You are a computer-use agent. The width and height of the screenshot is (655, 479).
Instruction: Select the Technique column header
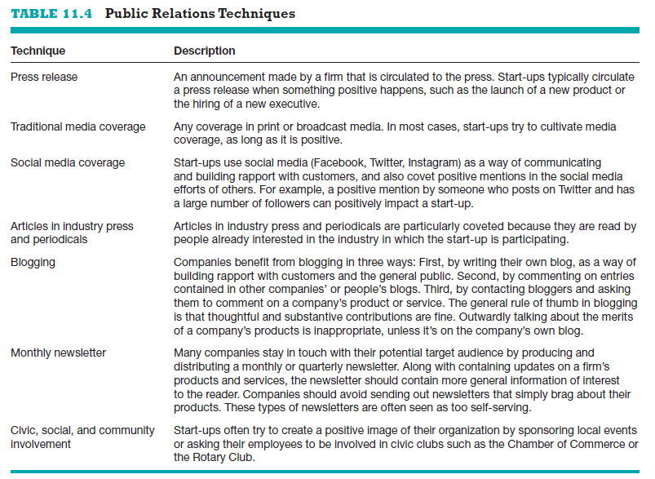point(38,51)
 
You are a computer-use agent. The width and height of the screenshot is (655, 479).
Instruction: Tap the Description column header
point(204,51)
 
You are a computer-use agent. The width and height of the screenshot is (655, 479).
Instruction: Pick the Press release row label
point(44,77)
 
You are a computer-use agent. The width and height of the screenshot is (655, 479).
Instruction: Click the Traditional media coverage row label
point(77,126)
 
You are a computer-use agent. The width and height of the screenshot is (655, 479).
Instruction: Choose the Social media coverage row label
point(67,162)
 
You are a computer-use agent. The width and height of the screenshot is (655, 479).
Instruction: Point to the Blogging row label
point(33,262)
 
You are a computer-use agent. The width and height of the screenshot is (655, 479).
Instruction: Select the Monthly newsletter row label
point(58,353)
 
